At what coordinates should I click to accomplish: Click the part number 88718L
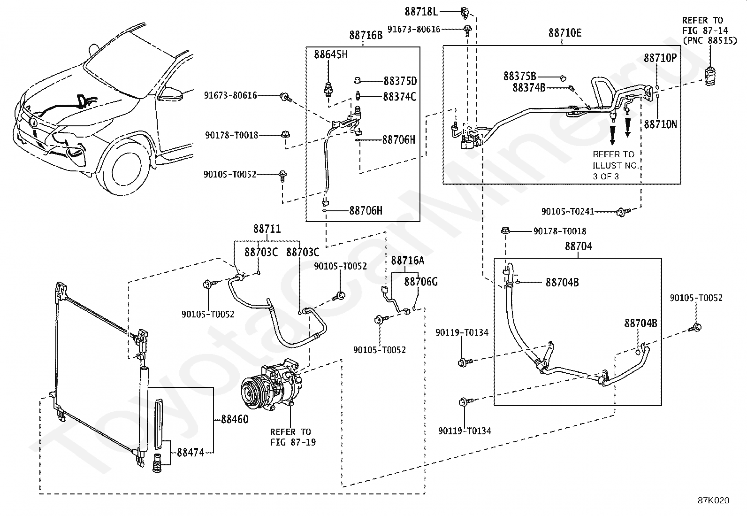(x=421, y=12)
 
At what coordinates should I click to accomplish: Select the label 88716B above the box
(x=366, y=35)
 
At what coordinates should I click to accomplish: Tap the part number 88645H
(x=330, y=54)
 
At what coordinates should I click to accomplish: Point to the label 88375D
(x=400, y=81)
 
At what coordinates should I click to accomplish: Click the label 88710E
(x=565, y=33)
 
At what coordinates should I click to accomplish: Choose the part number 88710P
(x=660, y=58)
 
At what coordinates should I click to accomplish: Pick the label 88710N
(x=660, y=124)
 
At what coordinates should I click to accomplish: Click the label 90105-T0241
(x=568, y=211)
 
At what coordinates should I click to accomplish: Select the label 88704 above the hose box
(x=578, y=246)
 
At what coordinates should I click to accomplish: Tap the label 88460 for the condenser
(x=235, y=419)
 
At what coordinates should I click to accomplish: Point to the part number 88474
(x=191, y=453)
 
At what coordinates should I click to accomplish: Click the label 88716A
(x=407, y=260)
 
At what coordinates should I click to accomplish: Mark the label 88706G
(x=421, y=282)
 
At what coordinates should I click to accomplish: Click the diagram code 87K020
(x=714, y=500)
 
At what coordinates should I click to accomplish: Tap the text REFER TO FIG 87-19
(x=293, y=437)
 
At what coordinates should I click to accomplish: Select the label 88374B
(x=529, y=87)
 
